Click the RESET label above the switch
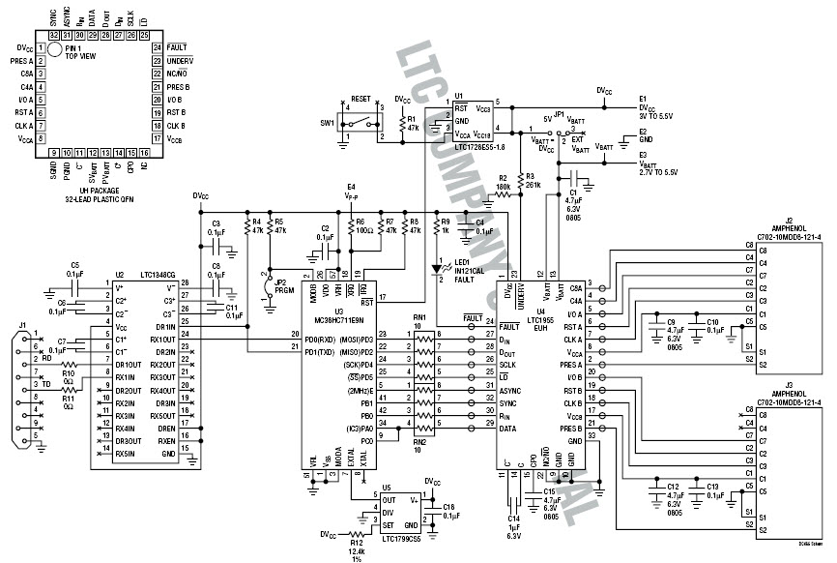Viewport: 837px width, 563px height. coord(361,100)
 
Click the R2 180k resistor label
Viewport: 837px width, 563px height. coord(503,181)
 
